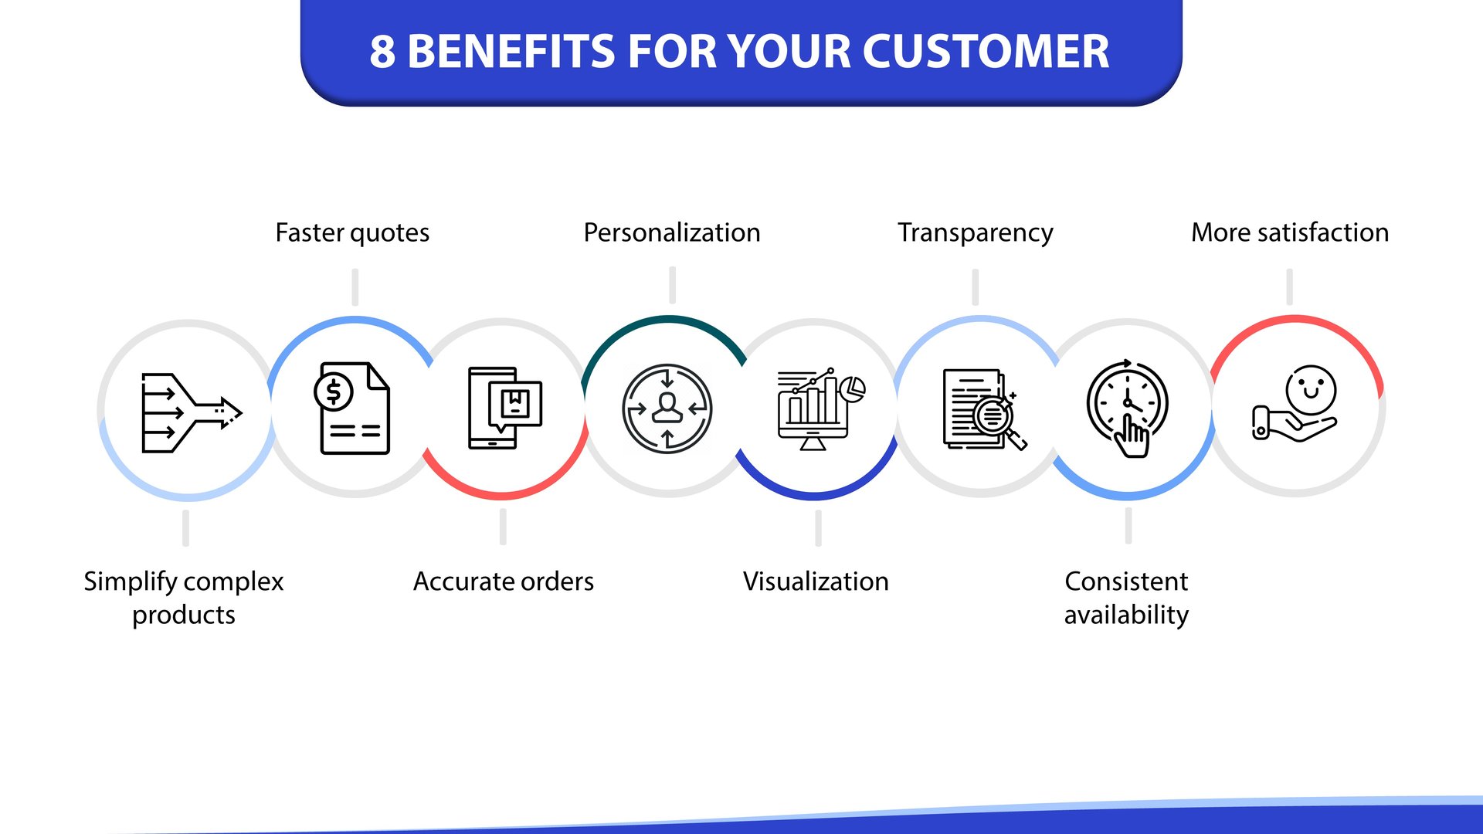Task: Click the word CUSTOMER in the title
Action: click(985, 52)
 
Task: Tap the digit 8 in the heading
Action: click(382, 52)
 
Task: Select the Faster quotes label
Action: click(352, 232)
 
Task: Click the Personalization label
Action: click(671, 232)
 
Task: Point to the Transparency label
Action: click(975, 232)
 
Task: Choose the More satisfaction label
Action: click(1289, 232)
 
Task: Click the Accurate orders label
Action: click(503, 581)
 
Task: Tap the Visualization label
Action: click(816, 581)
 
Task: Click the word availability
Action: click(1126, 615)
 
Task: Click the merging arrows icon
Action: click(190, 412)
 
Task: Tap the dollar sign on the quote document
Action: click(334, 392)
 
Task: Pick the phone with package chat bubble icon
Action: click(504, 408)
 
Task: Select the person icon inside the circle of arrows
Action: click(667, 407)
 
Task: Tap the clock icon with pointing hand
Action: click(1128, 407)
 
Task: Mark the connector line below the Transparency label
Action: click(975, 287)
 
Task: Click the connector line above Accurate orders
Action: click(503, 527)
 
